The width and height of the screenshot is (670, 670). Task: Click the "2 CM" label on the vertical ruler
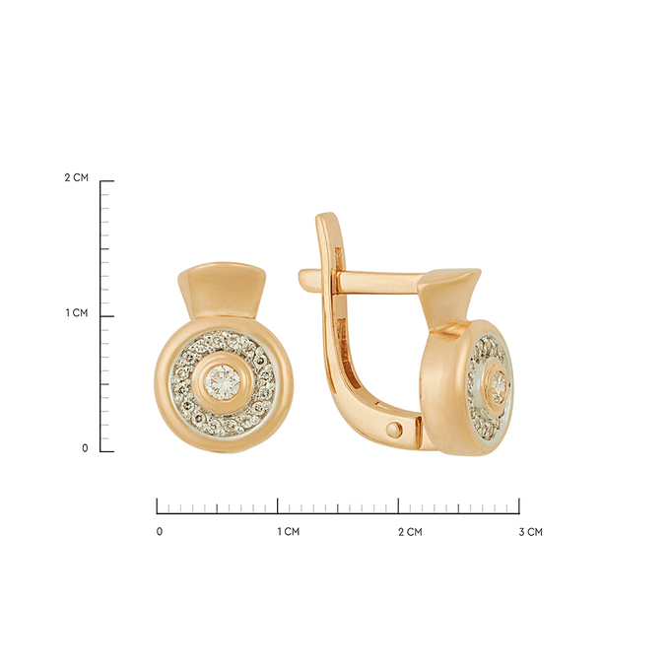pyautogui.click(x=77, y=177)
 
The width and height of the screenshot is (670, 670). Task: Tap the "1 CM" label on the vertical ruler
pyautogui.click(x=77, y=312)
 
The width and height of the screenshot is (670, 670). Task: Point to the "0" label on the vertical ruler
pyautogui.click(x=85, y=448)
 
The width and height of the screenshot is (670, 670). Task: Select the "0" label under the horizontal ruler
pyautogui.click(x=160, y=531)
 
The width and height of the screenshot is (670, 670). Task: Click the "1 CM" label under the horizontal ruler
pyautogui.click(x=289, y=531)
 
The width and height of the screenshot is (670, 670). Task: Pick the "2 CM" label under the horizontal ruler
pyautogui.click(x=410, y=531)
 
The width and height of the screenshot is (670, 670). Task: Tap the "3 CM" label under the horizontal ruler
pyautogui.click(x=531, y=531)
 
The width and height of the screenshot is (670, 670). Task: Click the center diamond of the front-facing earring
pyautogui.click(x=223, y=382)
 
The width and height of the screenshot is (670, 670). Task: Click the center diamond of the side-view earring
pyautogui.click(x=499, y=384)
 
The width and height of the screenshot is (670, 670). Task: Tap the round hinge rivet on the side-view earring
pyautogui.click(x=394, y=430)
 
